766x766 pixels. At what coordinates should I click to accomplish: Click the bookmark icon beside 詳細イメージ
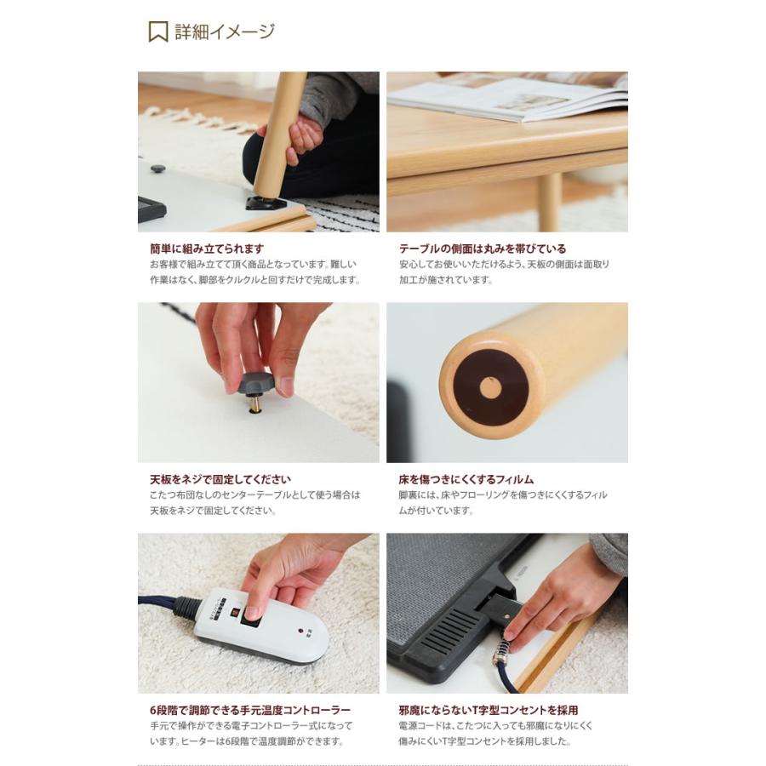(x=158, y=32)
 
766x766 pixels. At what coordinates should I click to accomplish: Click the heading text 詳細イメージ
(x=225, y=32)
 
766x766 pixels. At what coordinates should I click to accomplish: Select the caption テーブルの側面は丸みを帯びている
(x=483, y=249)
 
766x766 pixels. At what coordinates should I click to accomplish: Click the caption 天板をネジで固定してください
(x=220, y=479)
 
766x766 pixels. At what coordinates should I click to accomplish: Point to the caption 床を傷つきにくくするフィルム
(x=466, y=479)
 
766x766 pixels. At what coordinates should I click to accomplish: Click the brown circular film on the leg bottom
(x=490, y=388)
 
